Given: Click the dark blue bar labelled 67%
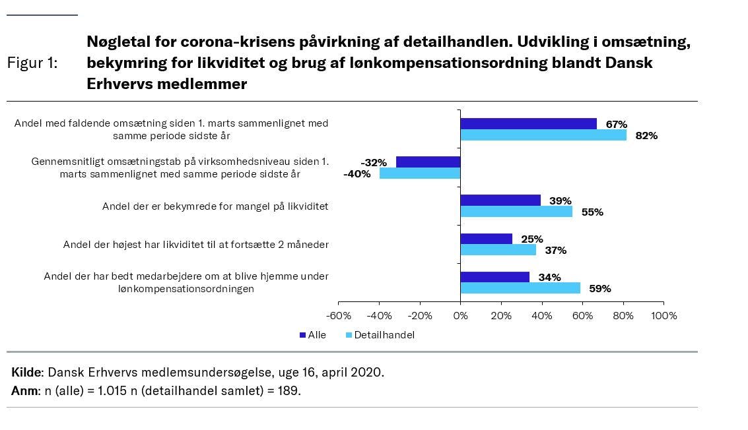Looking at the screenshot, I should pyautogui.click(x=528, y=123).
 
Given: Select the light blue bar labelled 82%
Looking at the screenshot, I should pyautogui.click(x=543, y=135).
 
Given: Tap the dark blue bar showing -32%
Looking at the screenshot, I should pyautogui.click(x=428, y=162).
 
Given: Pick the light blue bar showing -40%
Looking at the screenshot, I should pyautogui.click(x=420, y=173).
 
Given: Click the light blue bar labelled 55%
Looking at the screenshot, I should pyautogui.click(x=516, y=212).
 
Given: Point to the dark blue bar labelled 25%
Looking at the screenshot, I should pyautogui.click(x=486, y=239).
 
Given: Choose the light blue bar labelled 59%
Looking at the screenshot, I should pyautogui.click(x=520, y=288).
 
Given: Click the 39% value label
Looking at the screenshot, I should pyautogui.click(x=561, y=200).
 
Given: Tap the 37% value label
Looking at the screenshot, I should pyautogui.click(x=555, y=251).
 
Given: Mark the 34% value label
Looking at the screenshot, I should pyautogui.click(x=550, y=278).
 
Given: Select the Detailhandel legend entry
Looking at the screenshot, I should pyautogui.click(x=384, y=335).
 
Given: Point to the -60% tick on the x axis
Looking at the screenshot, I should pyautogui.click(x=339, y=316).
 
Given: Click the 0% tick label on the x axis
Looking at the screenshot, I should pyautogui.click(x=460, y=316).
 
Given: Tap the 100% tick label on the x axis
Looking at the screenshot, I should pyautogui.click(x=663, y=316).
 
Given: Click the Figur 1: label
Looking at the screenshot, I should pyautogui.click(x=32, y=63).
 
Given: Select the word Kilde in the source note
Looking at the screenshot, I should pyautogui.click(x=26, y=372).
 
